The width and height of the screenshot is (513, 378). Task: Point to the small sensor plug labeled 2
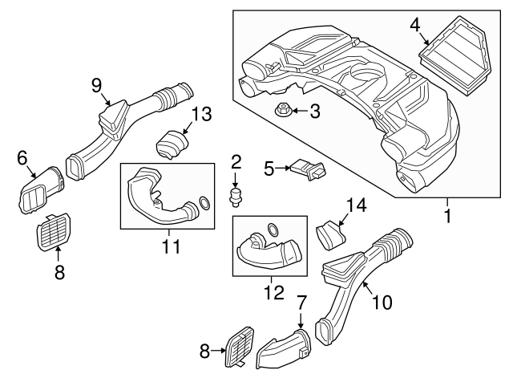236,195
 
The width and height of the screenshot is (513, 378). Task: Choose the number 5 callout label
269,168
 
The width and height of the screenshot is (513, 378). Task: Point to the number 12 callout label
275,292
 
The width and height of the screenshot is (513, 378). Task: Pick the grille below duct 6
55,232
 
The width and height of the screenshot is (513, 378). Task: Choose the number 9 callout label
97,84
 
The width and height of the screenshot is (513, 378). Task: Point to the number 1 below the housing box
448,217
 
